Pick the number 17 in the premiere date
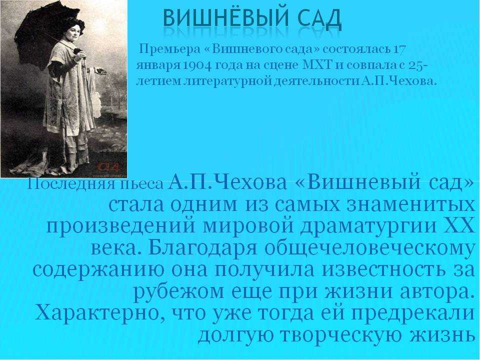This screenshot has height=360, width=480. (x=399, y=49)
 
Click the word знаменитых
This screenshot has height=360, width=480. (x=408, y=204)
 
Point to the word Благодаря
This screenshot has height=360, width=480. (x=202, y=248)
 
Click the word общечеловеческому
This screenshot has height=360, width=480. (x=369, y=248)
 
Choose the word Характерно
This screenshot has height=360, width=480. (x=98, y=313)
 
